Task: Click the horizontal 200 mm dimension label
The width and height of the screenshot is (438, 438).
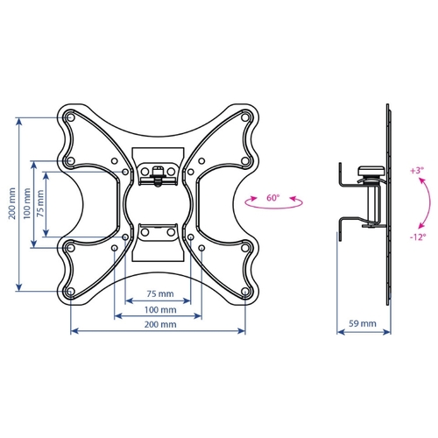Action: click(160, 324)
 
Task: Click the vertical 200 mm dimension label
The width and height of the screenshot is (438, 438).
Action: click(11, 204)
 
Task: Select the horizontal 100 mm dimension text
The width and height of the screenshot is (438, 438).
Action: click(160, 310)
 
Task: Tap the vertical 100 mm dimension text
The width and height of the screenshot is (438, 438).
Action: click(26, 204)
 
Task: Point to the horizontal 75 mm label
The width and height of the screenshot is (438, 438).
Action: click(160, 293)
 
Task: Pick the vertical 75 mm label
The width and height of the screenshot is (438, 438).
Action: click(40, 203)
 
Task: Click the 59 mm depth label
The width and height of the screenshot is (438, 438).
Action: click(363, 323)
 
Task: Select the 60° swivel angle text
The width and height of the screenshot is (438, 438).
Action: click(272, 198)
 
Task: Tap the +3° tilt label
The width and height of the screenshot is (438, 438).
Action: click(417, 171)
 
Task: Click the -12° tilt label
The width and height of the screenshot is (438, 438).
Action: click(418, 237)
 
